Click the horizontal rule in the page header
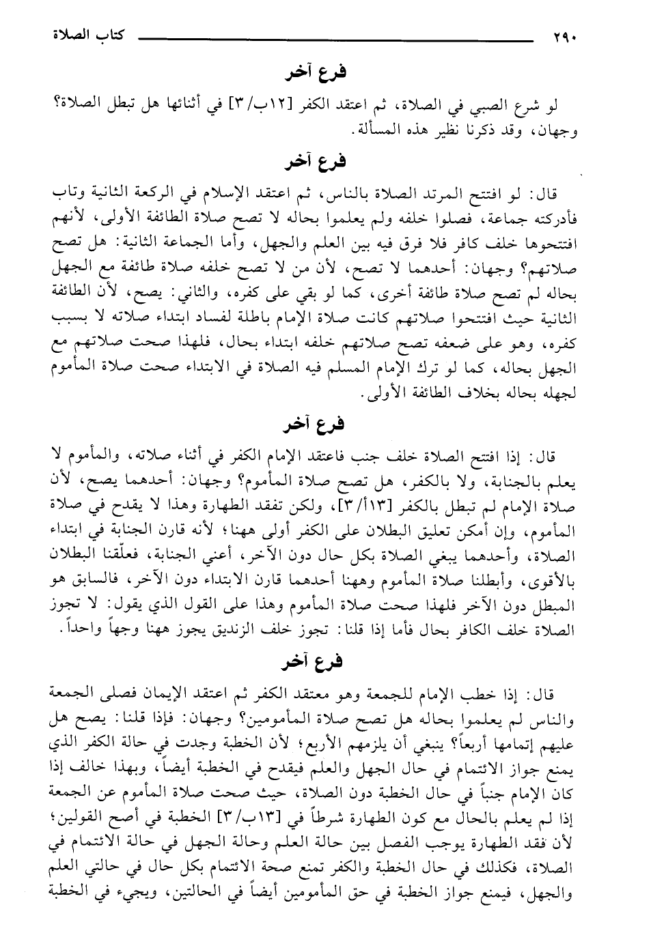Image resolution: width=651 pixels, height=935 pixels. pos(335,38)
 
